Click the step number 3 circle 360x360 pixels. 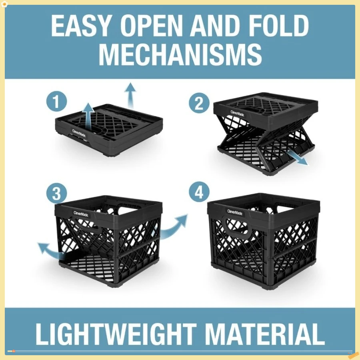pos(57,194)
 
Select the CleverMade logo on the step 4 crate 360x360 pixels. pos(235,212)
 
